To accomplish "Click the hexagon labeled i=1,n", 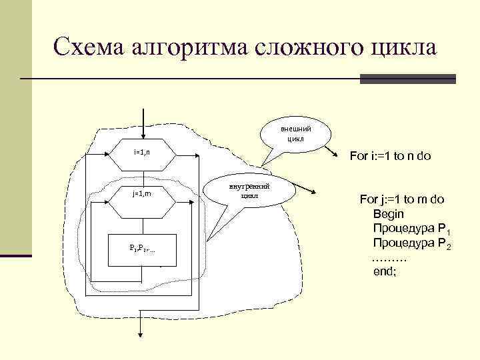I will coord(142,153).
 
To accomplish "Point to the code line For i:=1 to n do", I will coord(390,157).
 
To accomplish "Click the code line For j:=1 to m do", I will coord(406,199).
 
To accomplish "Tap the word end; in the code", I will coord(385,272).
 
